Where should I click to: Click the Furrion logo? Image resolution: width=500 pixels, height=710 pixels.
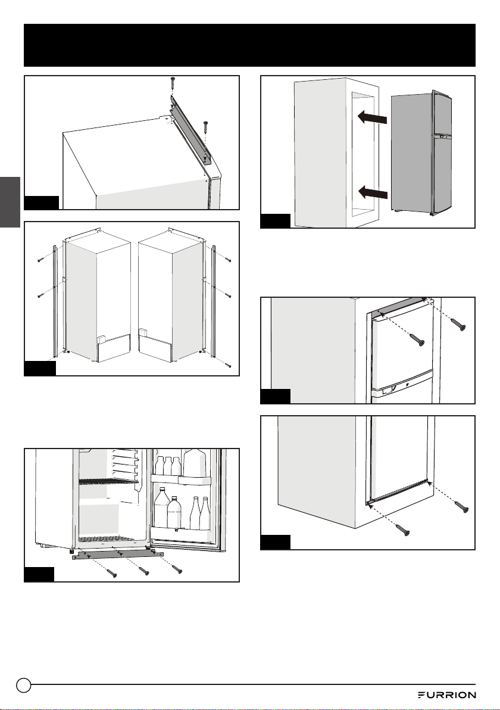click(x=446, y=695)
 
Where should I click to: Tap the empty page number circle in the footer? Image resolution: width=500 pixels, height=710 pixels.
click(x=24, y=685)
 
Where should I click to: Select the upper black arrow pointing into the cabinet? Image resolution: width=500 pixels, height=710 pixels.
click(x=373, y=118)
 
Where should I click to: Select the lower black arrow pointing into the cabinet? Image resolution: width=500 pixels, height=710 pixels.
click(x=373, y=194)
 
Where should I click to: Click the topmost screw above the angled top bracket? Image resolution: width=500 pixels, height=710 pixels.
click(x=173, y=83)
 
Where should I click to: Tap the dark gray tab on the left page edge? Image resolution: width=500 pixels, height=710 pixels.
click(x=10, y=202)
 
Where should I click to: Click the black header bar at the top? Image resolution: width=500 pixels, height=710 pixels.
click(x=250, y=45)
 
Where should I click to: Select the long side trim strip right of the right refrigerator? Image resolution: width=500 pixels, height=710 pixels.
click(x=214, y=299)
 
